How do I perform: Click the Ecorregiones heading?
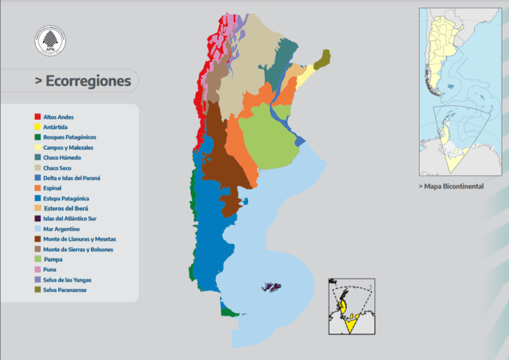[x=84, y=82]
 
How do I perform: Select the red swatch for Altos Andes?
[x=38, y=117]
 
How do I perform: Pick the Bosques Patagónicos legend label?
[x=70, y=137]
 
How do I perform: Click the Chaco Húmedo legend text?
[x=62, y=158]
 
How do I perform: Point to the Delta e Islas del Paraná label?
[x=72, y=178]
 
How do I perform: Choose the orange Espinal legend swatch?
[x=38, y=188]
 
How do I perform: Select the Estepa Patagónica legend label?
[x=66, y=198]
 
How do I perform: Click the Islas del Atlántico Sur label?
[x=70, y=218]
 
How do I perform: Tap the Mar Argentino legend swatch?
[x=38, y=229]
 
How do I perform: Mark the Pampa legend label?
[x=53, y=259]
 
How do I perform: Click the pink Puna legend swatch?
[x=38, y=269]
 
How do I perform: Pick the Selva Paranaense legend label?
[x=65, y=290]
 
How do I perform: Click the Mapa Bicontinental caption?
[x=451, y=186]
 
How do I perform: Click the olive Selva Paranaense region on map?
[x=323, y=60]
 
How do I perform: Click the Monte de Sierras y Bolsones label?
[x=78, y=249]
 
